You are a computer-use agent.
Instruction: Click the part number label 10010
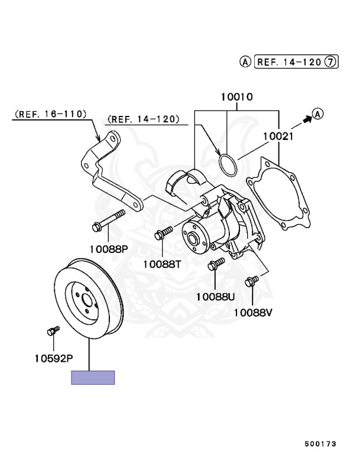click(237, 96)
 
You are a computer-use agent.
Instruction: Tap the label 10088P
click(109, 249)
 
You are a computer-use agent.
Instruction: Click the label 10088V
click(253, 312)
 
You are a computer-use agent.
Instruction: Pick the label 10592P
click(54, 358)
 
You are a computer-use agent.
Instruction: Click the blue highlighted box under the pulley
click(93, 377)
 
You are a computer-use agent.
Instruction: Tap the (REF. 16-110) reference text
click(51, 113)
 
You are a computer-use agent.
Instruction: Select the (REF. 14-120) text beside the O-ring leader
click(143, 119)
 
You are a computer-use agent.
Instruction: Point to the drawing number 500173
click(321, 442)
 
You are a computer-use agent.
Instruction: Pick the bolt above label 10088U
click(216, 264)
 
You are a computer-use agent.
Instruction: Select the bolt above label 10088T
click(163, 232)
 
